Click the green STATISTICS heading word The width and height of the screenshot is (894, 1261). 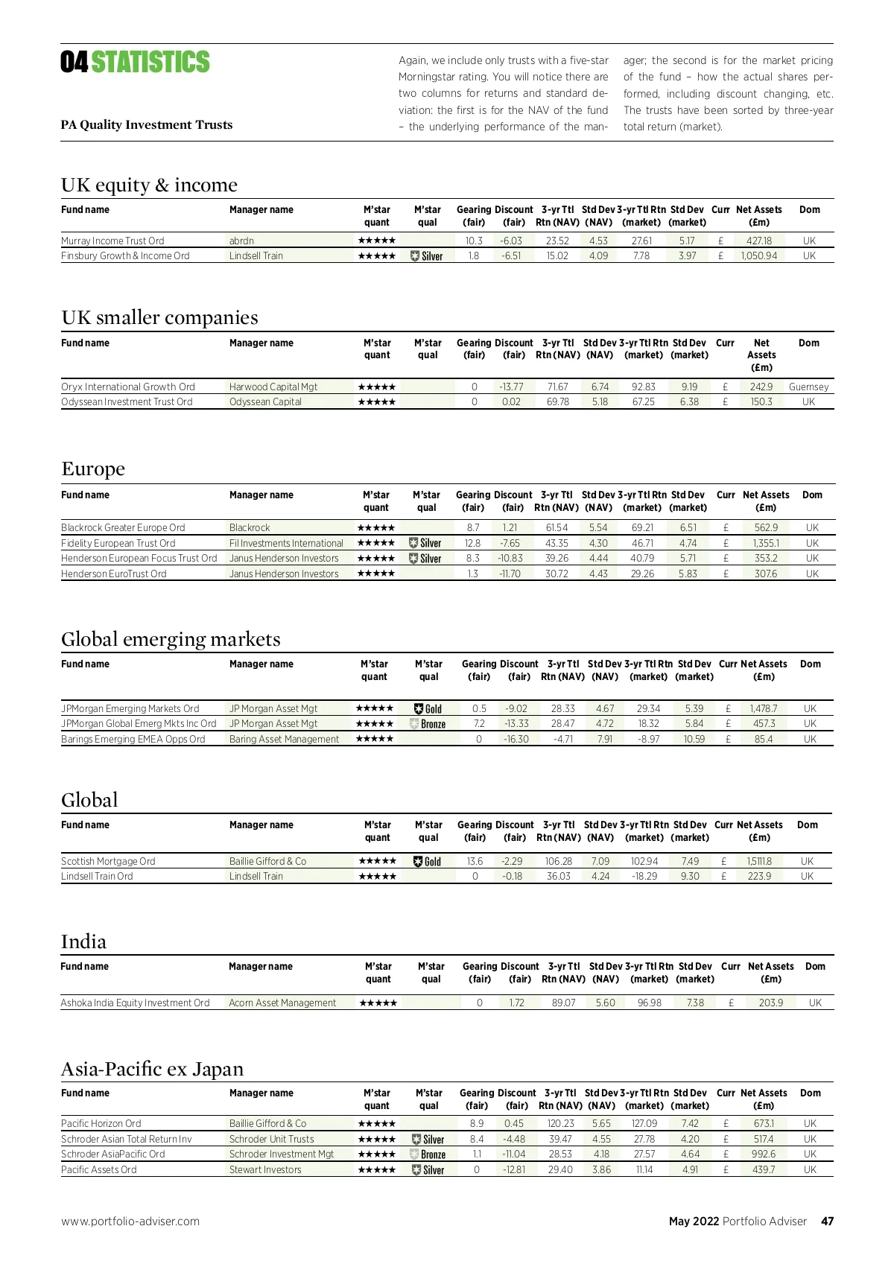click(150, 63)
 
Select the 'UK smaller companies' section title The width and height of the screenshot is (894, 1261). click(159, 317)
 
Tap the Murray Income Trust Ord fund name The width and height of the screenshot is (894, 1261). click(112, 241)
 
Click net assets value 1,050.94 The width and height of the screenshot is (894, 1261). click(758, 255)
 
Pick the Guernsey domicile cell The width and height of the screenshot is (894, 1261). click(808, 387)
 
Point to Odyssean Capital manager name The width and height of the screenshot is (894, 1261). click(265, 401)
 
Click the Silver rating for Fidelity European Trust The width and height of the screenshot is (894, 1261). click(426, 543)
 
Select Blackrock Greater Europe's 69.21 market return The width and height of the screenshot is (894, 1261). click(642, 527)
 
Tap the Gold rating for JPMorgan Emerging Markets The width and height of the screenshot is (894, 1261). click(428, 709)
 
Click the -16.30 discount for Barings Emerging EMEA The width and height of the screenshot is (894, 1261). click(516, 739)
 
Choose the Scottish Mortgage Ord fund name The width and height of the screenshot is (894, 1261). click(108, 861)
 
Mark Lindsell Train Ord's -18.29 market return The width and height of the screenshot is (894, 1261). click(644, 876)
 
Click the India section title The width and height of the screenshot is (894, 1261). click(83, 941)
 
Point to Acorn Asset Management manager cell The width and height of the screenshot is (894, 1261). click(282, 1003)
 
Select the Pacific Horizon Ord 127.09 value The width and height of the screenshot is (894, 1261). click(644, 1123)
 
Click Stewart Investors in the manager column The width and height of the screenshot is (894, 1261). click(265, 1169)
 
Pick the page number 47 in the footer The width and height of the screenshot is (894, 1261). click(827, 1221)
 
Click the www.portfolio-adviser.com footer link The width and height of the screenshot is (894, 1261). click(130, 1221)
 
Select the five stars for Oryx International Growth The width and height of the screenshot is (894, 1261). click(377, 387)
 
